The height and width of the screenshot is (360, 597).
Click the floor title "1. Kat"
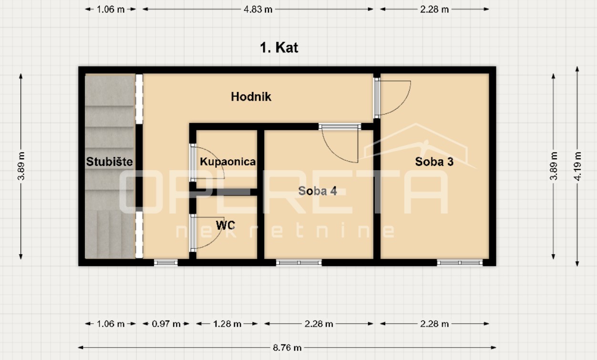coord(279,48)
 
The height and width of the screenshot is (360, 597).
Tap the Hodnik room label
coord(251,97)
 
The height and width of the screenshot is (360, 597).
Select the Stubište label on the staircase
coord(109,162)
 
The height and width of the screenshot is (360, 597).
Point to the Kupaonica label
coord(227,162)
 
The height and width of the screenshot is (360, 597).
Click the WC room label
coord(226,226)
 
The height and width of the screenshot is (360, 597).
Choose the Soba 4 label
coord(318,191)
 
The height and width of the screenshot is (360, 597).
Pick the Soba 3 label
coord(434,162)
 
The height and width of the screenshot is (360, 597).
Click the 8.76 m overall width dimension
coord(287,348)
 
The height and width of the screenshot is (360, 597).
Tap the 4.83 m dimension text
coord(258,10)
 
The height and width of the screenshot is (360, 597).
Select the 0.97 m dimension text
coord(166,324)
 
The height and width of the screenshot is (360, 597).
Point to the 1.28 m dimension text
coord(227,324)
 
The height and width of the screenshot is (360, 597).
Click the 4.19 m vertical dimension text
coord(577,166)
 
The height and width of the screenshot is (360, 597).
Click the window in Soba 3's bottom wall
coord(460,263)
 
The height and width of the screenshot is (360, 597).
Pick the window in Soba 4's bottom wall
coord(299,263)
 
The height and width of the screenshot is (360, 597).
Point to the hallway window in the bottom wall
coord(166,263)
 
